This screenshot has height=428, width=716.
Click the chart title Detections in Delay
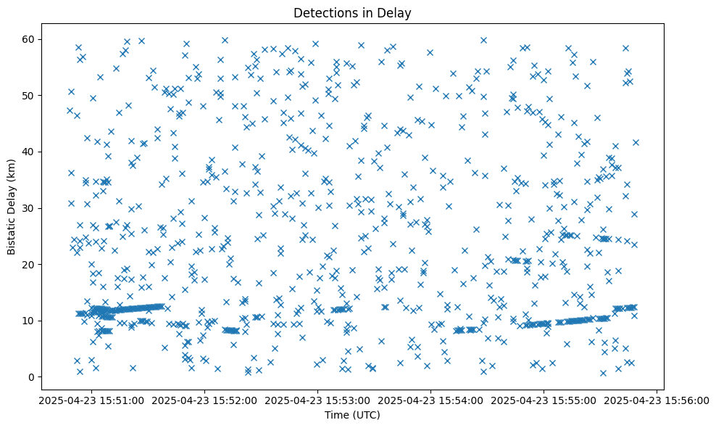[x=351, y=12]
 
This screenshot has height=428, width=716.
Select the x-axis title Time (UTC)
[x=351, y=415]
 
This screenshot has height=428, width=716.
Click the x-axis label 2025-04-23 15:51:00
[x=91, y=400]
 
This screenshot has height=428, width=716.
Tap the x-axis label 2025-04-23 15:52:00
[x=204, y=400]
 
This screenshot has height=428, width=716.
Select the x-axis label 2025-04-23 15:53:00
[x=317, y=400]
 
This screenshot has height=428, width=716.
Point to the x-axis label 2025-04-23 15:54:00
[x=430, y=400]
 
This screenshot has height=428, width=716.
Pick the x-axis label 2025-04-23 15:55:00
[x=544, y=400]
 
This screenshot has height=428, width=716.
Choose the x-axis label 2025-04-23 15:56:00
[x=657, y=400]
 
